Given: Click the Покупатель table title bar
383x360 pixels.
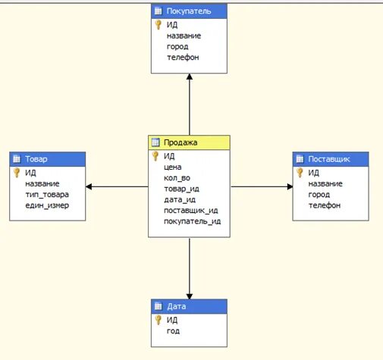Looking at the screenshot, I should tap(189, 11).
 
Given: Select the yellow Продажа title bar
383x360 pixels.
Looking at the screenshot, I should tap(189, 142).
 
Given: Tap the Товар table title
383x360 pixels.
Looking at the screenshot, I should tap(49, 158).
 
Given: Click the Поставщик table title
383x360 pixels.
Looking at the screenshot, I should tap(331, 158).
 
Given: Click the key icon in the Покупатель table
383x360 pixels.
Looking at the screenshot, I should tap(158, 24).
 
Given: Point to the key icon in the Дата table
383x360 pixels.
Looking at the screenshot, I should tap(158, 319).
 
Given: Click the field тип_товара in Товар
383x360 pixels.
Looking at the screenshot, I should tap(47, 194).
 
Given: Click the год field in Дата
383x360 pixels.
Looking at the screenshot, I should tap(173, 330).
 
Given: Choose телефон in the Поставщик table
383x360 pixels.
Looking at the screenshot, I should tap(325, 205).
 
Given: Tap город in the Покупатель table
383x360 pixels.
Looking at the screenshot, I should tap(177, 45).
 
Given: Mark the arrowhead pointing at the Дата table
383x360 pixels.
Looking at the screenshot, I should tap(189, 295).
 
